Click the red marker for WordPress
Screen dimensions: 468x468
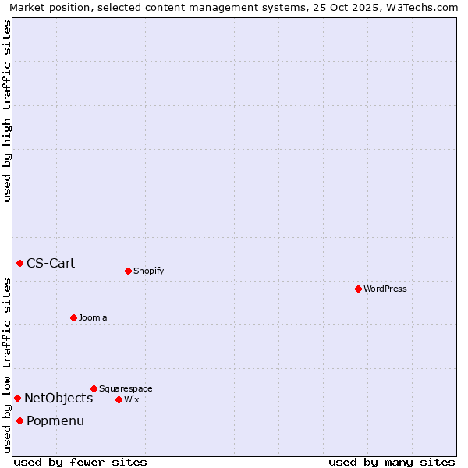coord(358,289)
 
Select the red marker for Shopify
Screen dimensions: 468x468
coord(128,271)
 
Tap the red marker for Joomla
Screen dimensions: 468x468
coord(73,317)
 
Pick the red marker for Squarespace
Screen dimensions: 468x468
coord(94,388)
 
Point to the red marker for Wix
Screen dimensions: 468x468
coord(119,399)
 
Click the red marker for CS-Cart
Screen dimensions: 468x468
coord(19,263)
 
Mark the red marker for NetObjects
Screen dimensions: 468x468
coord(17,398)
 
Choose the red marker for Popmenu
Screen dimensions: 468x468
coord(19,421)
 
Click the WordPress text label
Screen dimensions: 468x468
coord(385,289)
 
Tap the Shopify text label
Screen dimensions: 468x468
coord(148,271)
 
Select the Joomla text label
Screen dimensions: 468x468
coord(93,317)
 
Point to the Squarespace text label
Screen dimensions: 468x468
coord(126,388)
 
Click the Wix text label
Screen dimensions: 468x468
coord(131,399)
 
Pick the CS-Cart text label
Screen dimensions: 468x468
coord(51,263)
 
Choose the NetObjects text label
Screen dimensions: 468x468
coord(58,398)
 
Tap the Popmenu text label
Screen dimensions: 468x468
coord(55,421)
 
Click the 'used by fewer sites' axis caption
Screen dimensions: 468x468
coord(80,462)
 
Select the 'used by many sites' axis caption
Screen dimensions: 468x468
coord(392,462)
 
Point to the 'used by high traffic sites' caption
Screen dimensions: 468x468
coord(7,111)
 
